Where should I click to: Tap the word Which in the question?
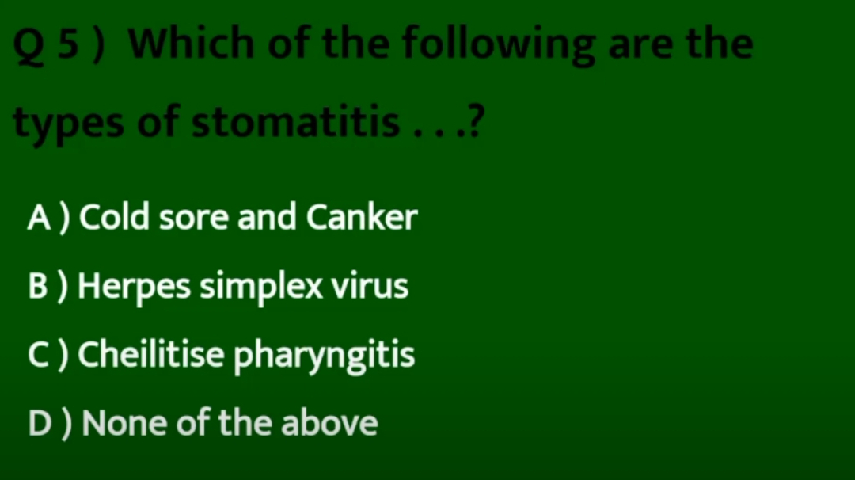tap(192, 43)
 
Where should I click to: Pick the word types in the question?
tap(68, 124)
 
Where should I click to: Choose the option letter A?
tap(40, 218)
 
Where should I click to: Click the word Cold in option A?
tap(114, 216)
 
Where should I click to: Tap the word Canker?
tap(362, 216)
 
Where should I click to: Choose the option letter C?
tap(39, 355)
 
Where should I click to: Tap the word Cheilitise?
tap(151, 353)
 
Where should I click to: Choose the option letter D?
tap(40, 424)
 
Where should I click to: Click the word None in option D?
tap(124, 424)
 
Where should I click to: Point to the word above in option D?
tap(329, 422)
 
